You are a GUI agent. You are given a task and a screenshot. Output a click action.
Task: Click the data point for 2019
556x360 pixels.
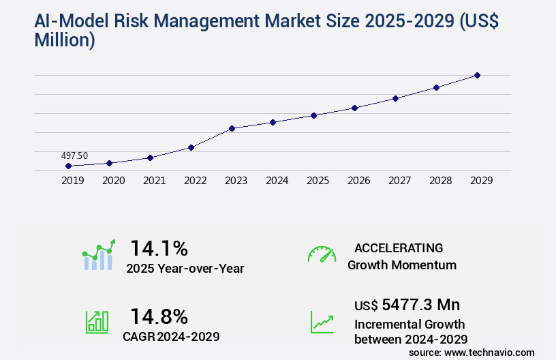68,166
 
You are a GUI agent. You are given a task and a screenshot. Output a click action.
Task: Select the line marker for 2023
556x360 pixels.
232,128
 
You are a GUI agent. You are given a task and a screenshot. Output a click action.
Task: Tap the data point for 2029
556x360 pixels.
477,75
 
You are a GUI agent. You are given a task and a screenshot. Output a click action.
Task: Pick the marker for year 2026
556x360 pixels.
354,108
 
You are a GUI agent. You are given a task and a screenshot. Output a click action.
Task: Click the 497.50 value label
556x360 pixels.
74,156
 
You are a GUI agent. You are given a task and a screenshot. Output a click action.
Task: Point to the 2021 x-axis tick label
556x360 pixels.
154,181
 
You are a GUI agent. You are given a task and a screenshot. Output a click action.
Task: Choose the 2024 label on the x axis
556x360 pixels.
277,181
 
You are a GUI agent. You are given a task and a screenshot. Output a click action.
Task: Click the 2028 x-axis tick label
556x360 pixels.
440,181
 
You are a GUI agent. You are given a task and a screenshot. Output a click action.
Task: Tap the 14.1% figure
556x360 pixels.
159,247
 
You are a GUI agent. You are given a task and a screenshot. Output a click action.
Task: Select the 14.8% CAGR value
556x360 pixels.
159,316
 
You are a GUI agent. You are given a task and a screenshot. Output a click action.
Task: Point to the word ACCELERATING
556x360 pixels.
399,247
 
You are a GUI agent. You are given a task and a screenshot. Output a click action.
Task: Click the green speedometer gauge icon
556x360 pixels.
322,254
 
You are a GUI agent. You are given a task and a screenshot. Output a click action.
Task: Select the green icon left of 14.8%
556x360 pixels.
97,322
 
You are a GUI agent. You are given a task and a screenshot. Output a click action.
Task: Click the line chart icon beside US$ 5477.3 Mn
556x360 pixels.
322,322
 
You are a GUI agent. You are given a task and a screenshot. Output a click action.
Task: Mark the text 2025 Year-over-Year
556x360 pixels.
185,269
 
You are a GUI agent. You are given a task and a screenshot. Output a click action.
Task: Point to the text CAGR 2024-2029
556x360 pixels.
170,336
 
